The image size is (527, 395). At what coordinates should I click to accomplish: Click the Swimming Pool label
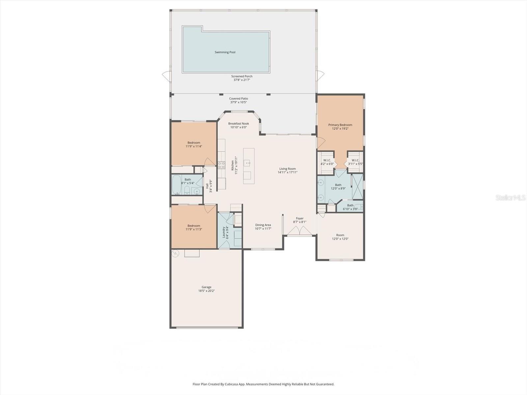[x=225, y=52]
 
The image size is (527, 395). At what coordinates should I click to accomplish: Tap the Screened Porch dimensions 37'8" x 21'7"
[x=242, y=80]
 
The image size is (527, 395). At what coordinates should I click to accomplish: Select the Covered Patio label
[x=238, y=98]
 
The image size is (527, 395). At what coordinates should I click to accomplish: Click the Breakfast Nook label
[x=238, y=123]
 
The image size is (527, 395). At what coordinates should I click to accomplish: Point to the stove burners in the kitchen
[x=221, y=165]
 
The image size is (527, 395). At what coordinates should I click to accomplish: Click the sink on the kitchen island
[x=247, y=163]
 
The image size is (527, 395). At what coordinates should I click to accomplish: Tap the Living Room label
[x=287, y=169]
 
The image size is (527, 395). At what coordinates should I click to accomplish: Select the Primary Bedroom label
[x=340, y=125]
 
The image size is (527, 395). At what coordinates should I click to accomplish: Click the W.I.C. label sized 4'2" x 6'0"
[x=327, y=160]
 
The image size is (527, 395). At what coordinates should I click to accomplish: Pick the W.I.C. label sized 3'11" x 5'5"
[x=355, y=160]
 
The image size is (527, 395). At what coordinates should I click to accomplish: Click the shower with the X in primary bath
[x=357, y=187]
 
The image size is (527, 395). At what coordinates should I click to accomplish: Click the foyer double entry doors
[x=300, y=231]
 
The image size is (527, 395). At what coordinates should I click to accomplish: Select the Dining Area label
[x=263, y=225]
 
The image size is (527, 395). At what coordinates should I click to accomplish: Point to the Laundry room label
[x=224, y=232]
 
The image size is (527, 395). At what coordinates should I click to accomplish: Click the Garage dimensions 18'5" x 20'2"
[x=207, y=291]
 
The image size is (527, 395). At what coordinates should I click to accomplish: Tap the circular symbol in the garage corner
[x=176, y=253]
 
